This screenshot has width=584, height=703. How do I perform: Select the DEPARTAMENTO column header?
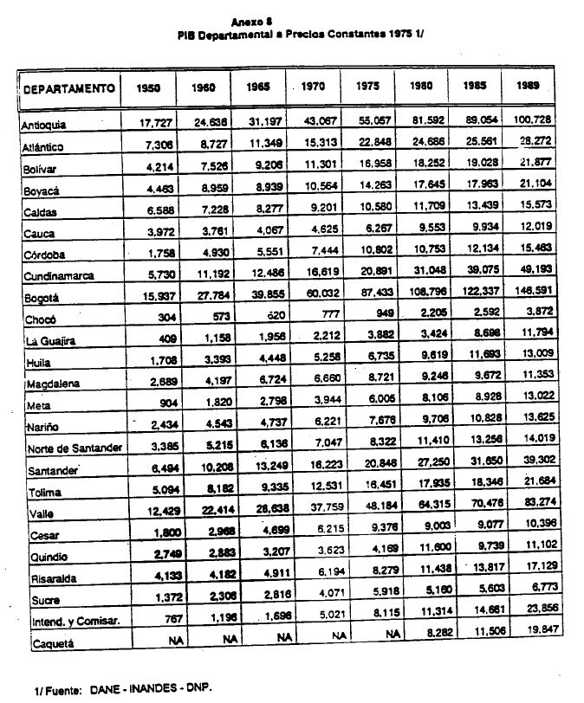coord(70,88)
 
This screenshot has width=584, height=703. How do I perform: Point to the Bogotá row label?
coord(40,299)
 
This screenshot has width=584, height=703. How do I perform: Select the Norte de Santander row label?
coord(72,448)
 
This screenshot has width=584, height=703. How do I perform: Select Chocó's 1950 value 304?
coord(158,317)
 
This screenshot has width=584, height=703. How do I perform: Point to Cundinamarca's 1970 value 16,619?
coord(315,273)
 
